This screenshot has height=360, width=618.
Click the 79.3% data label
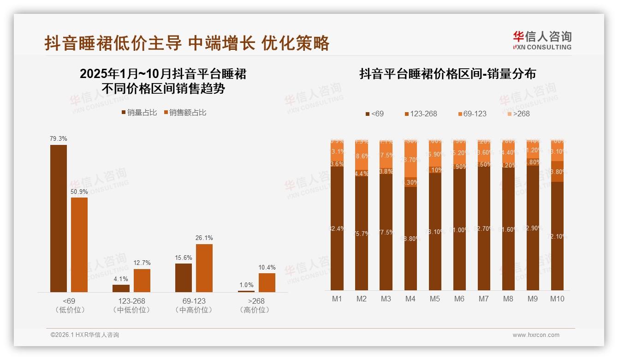(x=59, y=138)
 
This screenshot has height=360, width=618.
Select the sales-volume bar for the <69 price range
(x=59, y=218)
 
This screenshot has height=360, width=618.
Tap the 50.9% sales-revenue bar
(x=79, y=245)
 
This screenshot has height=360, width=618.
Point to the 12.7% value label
(x=142, y=263)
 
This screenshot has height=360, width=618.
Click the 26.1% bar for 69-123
(x=204, y=268)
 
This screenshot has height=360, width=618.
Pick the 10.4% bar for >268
(x=267, y=282)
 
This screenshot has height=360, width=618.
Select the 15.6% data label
(x=184, y=257)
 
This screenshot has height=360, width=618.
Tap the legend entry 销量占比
(x=139, y=113)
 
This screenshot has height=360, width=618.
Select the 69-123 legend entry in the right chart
(x=472, y=114)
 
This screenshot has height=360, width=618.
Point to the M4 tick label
(x=410, y=299)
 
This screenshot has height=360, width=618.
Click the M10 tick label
(x=557, y=299)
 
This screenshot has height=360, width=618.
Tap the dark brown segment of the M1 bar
(x=337, y=228)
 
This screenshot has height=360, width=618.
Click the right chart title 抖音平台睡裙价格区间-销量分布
(x=447, y=74)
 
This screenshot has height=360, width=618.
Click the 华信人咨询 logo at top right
(x=542, y=40)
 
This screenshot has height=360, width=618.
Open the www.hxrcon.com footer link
(x=536, y=335)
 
